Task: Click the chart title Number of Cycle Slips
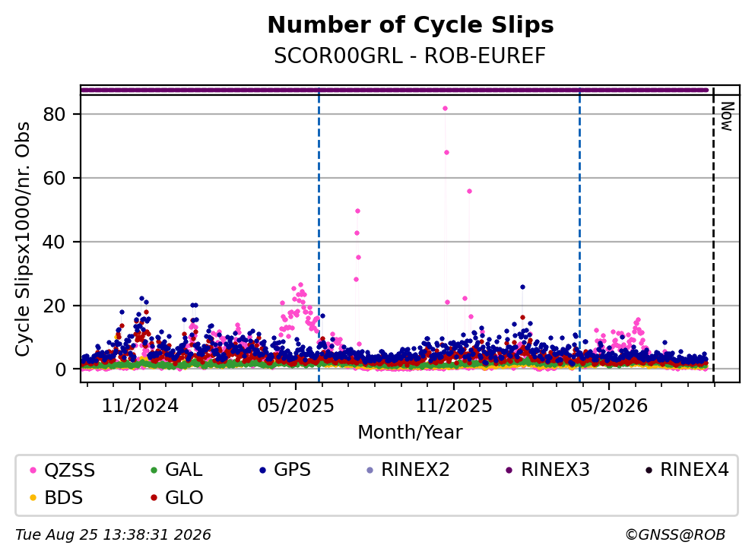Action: tap(411, 24)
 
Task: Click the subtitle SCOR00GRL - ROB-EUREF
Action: tap(410, 55)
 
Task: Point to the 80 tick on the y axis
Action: tap(55, 114)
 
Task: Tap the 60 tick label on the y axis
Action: tap(55, 178)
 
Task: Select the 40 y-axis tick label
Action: tap(55, 242)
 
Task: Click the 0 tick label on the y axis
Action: tap(61, 369)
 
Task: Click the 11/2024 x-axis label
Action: tap(140, 406)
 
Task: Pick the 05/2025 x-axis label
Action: tap(296, 406)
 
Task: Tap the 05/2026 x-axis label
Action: tap(609, 406)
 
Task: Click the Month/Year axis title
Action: tap(410, 433)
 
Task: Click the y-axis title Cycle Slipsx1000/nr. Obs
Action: tap(23, 239)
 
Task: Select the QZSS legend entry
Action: tap(62, 470)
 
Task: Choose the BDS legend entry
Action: tap(56, 497)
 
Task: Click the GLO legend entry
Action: tap(176, 497)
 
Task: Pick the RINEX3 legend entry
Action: tap(548, 470)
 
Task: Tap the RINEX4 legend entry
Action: tap(687, 470)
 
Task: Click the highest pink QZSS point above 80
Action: tap(445, 108)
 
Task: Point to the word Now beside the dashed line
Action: tap(727, 116)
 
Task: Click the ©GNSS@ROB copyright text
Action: tap(675, 535)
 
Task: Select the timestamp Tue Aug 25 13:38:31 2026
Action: tap(113, 535)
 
